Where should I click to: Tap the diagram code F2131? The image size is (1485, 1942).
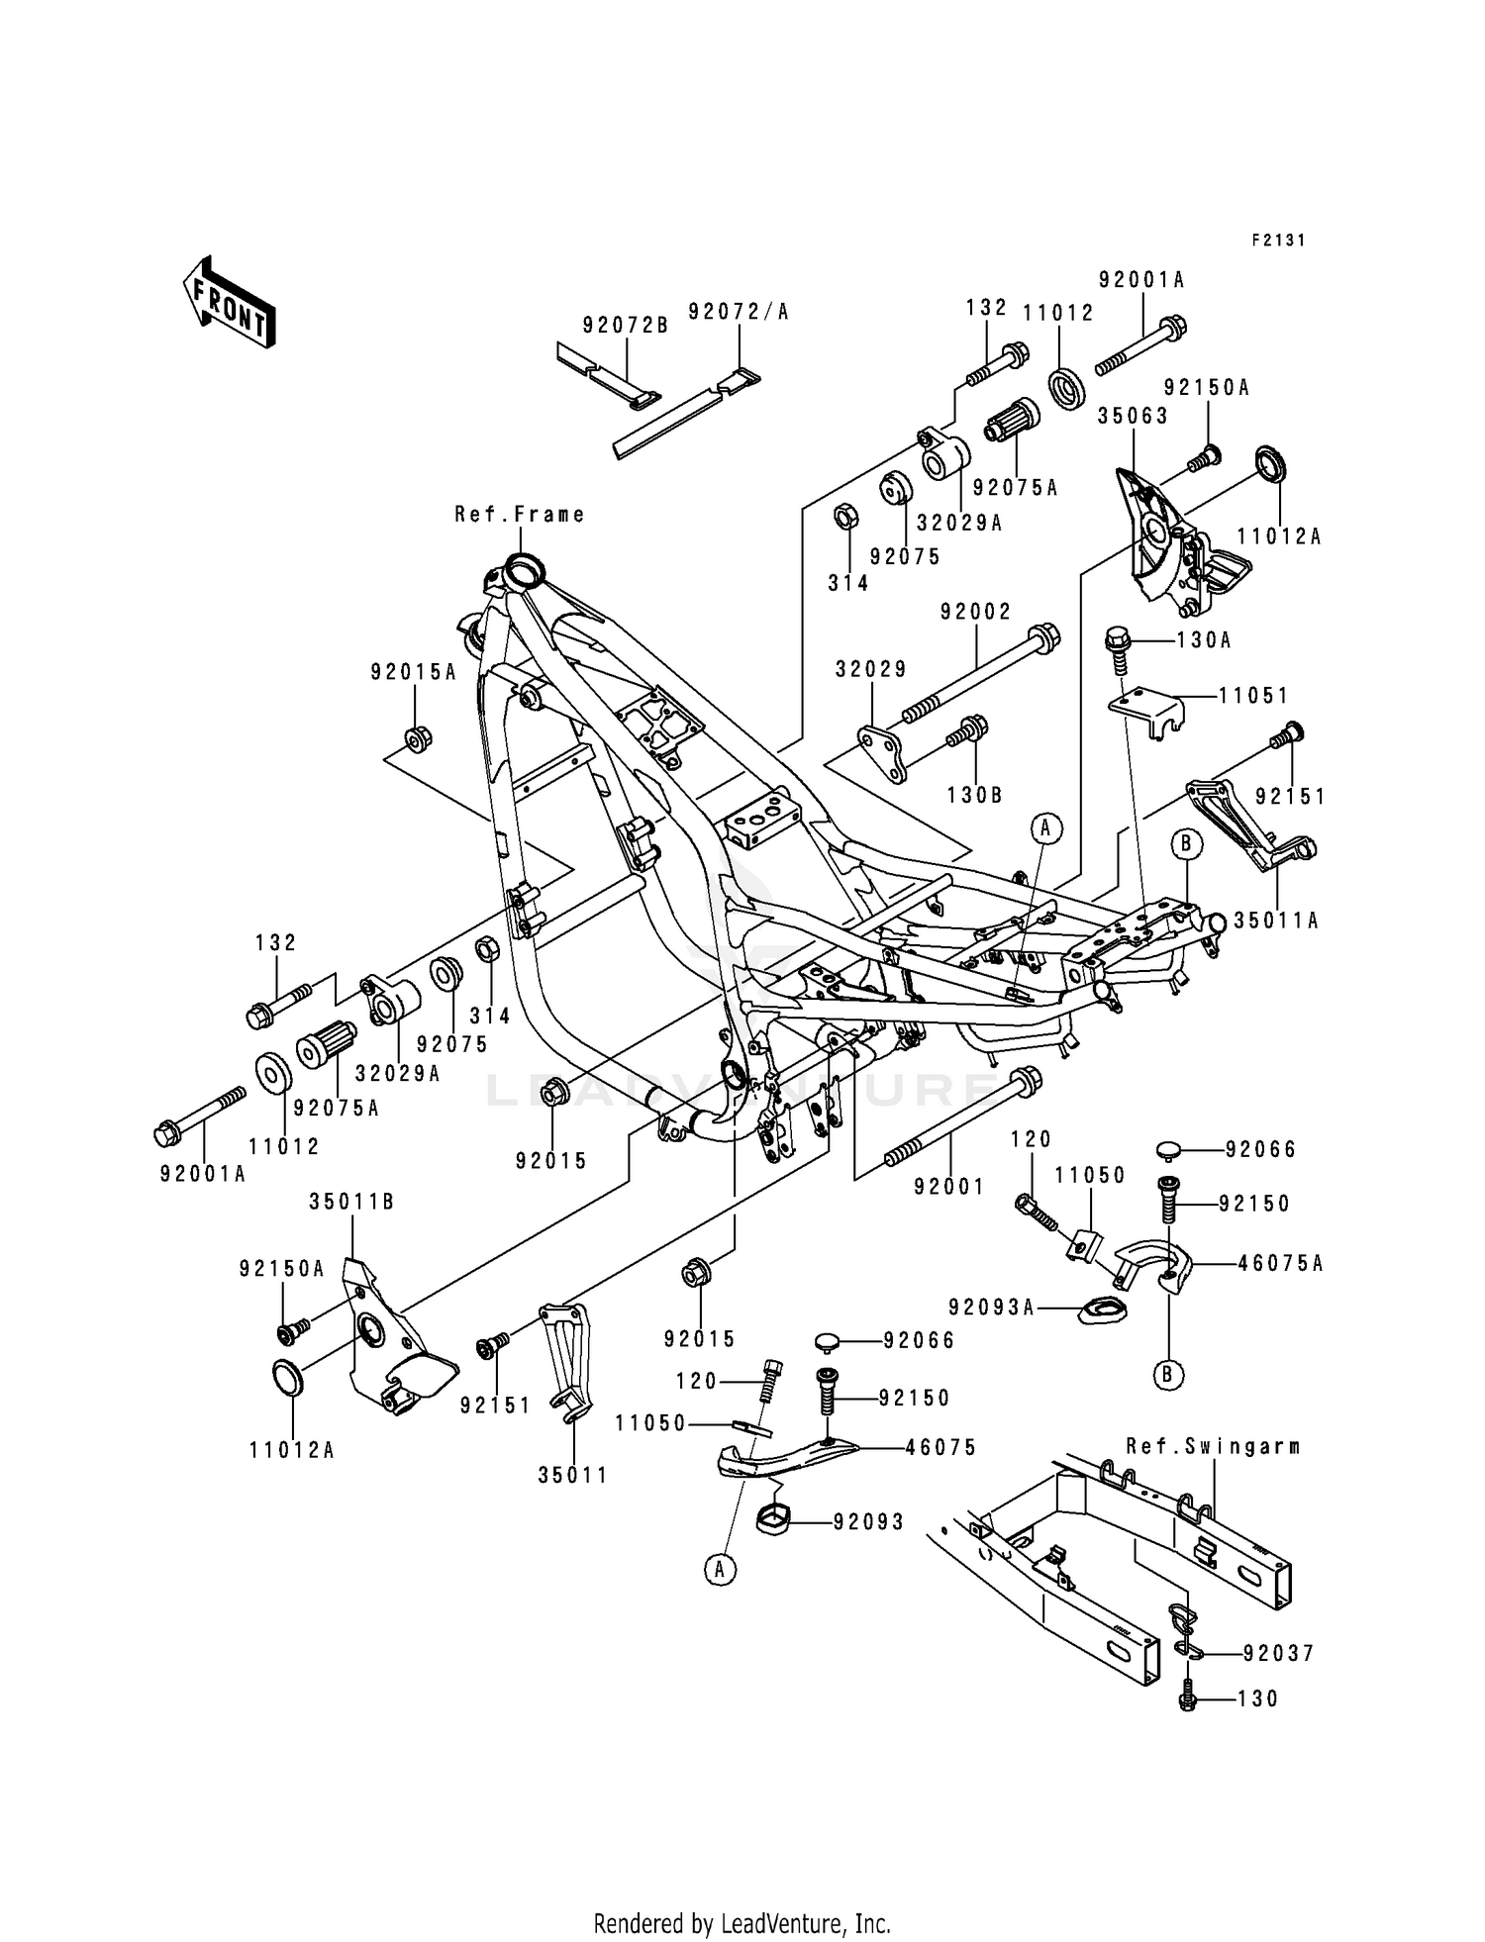pyautogui.click(x=1278, y=241)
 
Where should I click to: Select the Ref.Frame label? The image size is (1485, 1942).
pyautogui.click(x=520, y=515)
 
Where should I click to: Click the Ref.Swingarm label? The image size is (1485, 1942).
pyautogui.click(x=1213, y=1446)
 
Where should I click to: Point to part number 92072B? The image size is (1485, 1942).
pyautogui.click(x=625, y=324)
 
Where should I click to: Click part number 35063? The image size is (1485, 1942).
pyautogui.click(x=1133, y=416)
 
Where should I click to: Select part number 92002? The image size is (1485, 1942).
pyautogui.click(x=976, y=613)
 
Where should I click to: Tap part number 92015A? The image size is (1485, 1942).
pyautogui.click(x=414, y=672)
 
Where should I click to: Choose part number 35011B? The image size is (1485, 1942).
pyautogui.click(x=351, y=1202)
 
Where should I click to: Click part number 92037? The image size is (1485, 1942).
pyautogui.click(x=1278, y=1653)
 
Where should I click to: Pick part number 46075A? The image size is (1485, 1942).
pyautogui.click(x=1280, y=1263)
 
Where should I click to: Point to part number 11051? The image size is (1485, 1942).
pyautogui.click(x=1253, y=696)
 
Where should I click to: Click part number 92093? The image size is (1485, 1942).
pyautogui.click(x=868, y=1522)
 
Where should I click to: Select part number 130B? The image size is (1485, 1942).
pyautogui.click(x=975, y=794)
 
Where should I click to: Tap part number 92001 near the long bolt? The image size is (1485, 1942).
pyautogui.click(x=949, y=1186)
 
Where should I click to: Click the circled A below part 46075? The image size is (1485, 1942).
pyautogui.click(x=721, y=1570)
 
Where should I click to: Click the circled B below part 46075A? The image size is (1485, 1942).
pyautogui.click(x=1168, y=1375)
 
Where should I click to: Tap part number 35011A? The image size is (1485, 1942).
pyautogui.click(x=1277, y=921)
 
